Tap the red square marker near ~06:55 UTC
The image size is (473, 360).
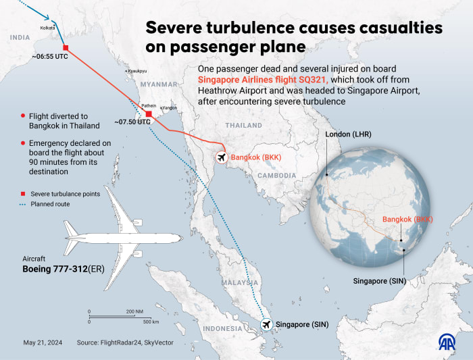[x=66, y=47]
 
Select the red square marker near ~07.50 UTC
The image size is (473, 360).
[x=149, y=113]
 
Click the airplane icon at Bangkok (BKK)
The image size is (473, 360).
[x=220, y=157]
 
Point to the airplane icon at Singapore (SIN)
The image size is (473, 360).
[x=268, y=325]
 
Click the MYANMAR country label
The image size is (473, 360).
[x=152, y=84]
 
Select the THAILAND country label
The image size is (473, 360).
[x=243, y=126]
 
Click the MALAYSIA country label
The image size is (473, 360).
[x=242, y=282]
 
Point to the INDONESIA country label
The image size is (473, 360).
[x=223, y=329]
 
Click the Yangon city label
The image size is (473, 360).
[x=170, y=107]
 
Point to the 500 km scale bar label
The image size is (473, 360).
[x=150, y=322]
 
